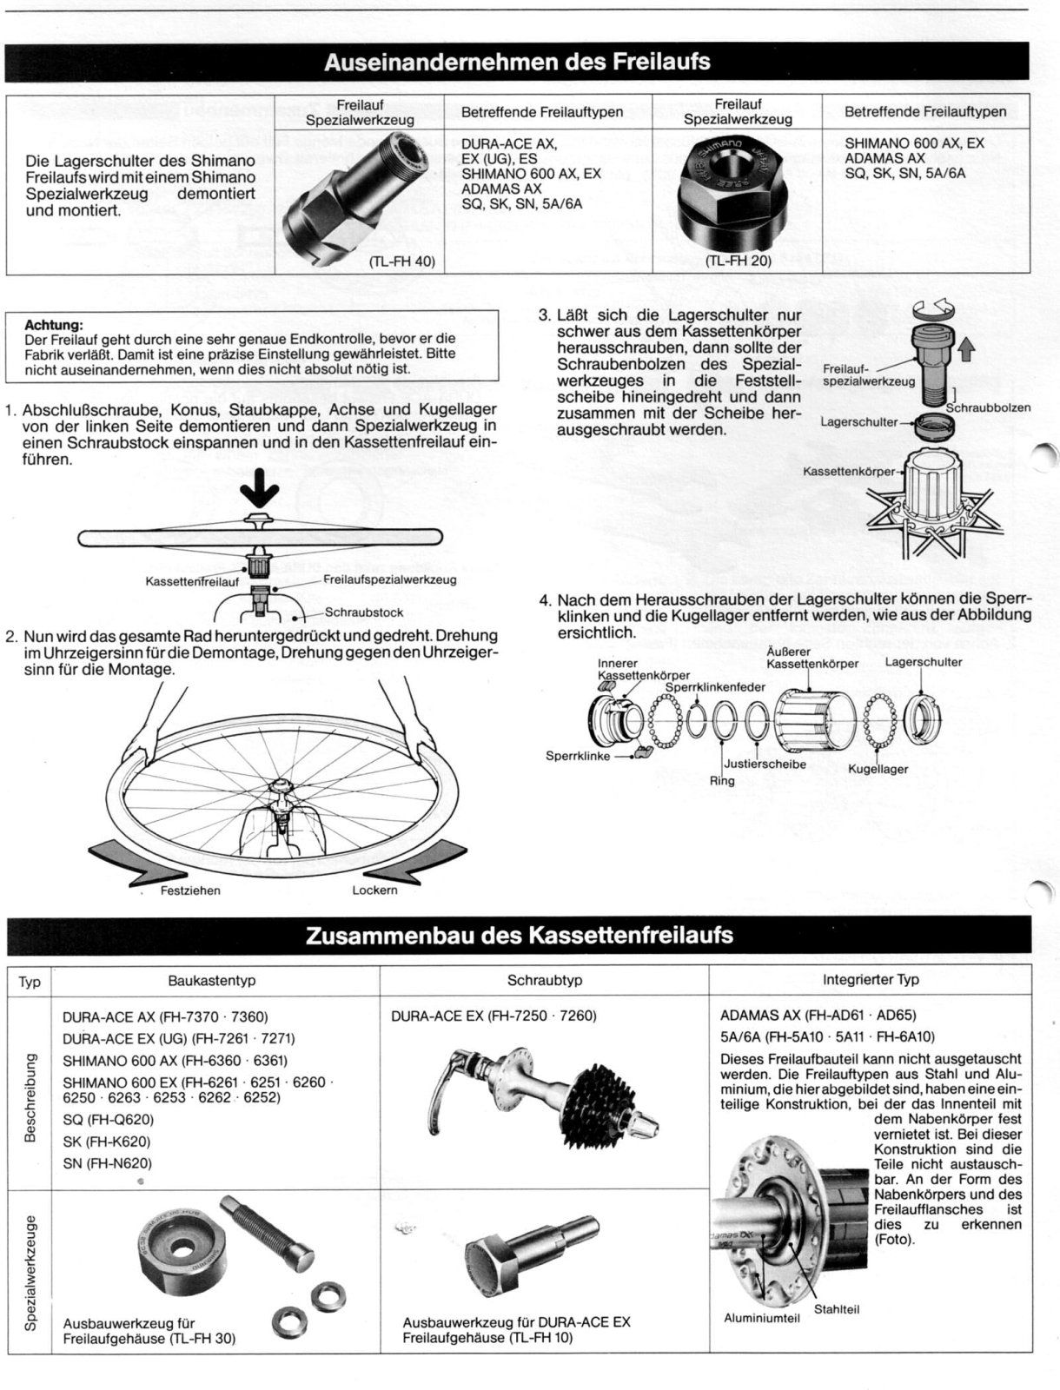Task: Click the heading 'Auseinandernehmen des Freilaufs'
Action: click(x=517, y=62)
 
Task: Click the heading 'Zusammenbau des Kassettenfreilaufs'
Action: click(x=520, y=936)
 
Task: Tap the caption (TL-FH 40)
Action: click(x=402, y=261)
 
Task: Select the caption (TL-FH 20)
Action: click(x=739, y=261)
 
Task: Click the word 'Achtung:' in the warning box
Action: click(x=54, y=326)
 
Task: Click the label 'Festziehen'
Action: click(x=190, y=890)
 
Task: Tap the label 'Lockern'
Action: click(x=374, y=890)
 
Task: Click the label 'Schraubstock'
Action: click(x=364, y=612)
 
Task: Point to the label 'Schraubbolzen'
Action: click(x=989, y=407)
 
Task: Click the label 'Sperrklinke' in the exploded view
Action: click(x=578, y=756)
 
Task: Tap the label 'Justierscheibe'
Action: click(x=765, y=764)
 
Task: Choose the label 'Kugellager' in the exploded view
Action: click(x=878, y=770)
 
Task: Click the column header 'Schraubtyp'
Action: click(x=545, y=980)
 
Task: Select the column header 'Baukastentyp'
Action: click(x=212, y=980)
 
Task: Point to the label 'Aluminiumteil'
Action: click(x=762, y=1318)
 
